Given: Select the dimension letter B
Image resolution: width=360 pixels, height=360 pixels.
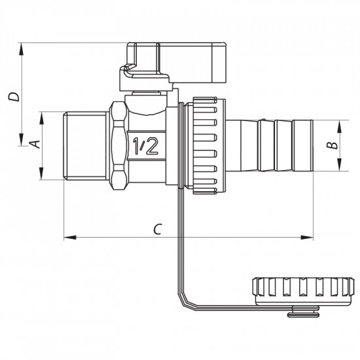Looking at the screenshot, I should pos(332,145).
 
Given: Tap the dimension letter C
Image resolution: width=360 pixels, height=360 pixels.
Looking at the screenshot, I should pos(157,228).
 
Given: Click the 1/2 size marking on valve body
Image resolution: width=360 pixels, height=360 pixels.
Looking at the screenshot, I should pos(145,145).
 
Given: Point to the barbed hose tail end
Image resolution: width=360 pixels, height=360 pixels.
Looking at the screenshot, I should pos(281,145).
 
